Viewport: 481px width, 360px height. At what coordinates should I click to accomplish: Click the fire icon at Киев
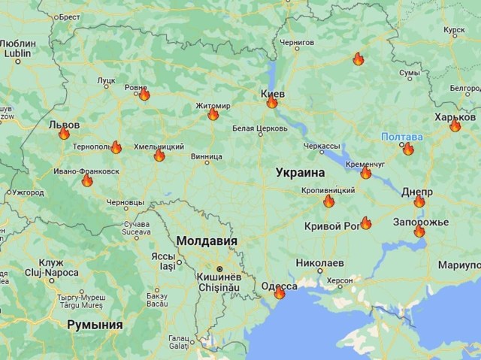(272, 102)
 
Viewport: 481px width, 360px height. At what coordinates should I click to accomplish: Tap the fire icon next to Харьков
(455, 126)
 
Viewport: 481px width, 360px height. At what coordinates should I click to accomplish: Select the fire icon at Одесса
(279, 293)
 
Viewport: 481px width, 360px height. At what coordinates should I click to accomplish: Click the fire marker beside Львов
(64, 134)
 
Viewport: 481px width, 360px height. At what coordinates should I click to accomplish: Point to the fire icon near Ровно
(144, 95)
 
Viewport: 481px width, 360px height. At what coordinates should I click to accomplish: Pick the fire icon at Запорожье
(419, 231)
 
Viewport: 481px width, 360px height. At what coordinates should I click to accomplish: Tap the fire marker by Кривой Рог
(366, 222)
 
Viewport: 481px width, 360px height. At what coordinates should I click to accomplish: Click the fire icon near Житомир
(213, 114)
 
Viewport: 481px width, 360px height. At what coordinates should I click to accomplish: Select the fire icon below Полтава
(408, 149)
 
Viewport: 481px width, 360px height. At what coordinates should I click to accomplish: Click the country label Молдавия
(207, 241)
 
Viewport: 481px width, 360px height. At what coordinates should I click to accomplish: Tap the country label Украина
(300, 172)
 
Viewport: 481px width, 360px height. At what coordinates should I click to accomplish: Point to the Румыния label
(95, 324)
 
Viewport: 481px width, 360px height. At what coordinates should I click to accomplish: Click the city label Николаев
(320, 263)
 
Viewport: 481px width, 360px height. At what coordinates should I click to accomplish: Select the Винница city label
(207, 158)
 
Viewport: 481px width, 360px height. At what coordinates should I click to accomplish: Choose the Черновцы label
(126, 203)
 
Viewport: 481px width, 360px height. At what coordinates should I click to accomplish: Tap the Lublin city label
(17, 54)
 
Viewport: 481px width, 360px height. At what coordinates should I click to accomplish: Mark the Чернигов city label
(297, 44)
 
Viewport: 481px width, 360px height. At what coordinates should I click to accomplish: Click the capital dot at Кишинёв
(219, 268)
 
